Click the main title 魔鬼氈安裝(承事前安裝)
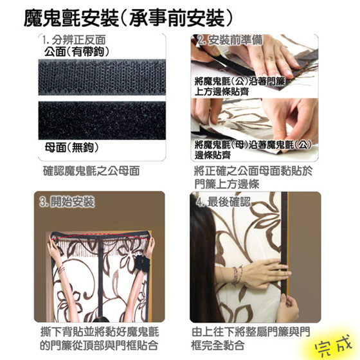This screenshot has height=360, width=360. pos(128,19)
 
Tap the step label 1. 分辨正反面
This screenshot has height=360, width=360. pos(74,40)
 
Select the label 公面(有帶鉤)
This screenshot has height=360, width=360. pos(77,51)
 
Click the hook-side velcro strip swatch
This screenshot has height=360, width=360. pos(102,77)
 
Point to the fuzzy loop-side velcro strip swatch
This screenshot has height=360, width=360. pos(102,120)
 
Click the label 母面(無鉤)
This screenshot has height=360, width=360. pos(71,147)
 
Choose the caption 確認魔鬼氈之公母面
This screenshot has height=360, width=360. pos(91,171)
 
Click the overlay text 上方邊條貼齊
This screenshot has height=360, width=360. pos(222,91)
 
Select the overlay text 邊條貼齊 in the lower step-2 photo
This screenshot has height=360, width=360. pos(213,155)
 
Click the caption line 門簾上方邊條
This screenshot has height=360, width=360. pos(227,184)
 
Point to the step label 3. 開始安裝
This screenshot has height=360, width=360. pos(67,202)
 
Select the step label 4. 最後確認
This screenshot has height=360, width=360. pos(223,202)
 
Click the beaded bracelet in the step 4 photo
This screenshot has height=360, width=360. pos(237,275)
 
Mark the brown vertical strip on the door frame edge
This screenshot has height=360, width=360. pos(284,244)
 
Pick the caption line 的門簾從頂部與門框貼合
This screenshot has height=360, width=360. pos(99,345)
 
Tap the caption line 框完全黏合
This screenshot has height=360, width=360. pos(218,345)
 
